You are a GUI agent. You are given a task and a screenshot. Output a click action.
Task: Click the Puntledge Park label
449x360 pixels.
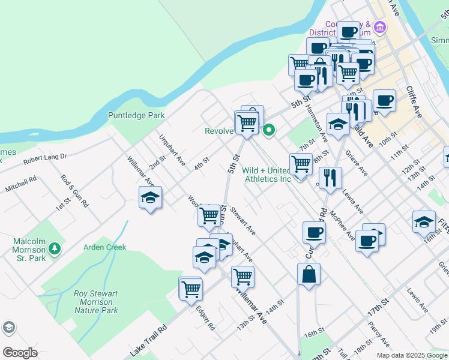(x=136, y=115)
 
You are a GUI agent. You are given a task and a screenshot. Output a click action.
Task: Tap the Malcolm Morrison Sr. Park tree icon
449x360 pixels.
(x=55, y=248)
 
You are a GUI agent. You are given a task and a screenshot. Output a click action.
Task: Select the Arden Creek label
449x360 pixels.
(x=105, y=247)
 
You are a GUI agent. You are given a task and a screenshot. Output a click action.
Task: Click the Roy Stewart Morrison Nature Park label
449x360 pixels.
(x=96, y=302)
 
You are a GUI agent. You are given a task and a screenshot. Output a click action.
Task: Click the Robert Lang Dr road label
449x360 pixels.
(x=45, y=159)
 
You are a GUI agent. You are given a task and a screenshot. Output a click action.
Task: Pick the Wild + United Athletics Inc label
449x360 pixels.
(x=267, y=175)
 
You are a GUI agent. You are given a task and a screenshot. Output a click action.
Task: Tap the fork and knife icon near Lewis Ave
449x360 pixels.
(x=330, y=178)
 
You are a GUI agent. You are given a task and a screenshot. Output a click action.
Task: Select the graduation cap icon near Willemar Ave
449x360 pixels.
(x=150, y=197)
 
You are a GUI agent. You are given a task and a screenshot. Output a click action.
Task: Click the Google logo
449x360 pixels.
(x=20, y=353)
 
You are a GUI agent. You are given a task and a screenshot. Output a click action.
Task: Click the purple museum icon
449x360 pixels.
(x=379, y=27)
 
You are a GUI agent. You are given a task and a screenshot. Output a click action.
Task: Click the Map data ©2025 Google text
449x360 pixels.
(x=412, y=355)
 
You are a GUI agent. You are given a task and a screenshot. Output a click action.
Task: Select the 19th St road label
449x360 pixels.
(x=438, y=331)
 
